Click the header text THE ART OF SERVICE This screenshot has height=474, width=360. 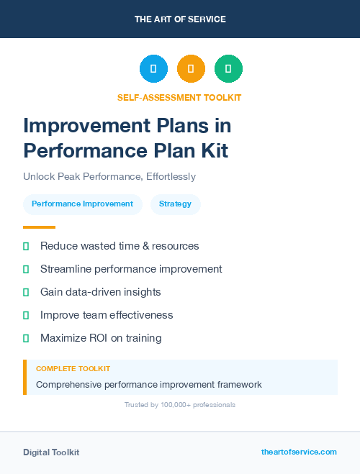tap(180, 19)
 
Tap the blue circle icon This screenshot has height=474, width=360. tap(153, 69)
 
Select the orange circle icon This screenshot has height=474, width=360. tap(191, 69)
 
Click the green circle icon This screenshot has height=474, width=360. tap(228, 69)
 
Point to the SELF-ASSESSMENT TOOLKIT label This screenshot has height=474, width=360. tap(180, 97)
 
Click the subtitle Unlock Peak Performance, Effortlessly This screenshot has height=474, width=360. tap(109, 176)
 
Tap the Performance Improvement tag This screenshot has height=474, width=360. tap(82, 204)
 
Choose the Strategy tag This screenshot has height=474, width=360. tap(175, 204)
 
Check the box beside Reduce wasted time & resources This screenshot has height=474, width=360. tap(26, 246)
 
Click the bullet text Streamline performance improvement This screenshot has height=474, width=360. tap(131, 269)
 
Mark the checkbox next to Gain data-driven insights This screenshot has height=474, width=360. tap(26, 292)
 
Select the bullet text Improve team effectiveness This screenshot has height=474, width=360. tap(107, 315)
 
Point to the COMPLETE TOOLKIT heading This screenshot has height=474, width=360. tap(73, 368)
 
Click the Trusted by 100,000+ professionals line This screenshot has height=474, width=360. tap(180, 405)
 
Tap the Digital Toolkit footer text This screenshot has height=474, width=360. tap(51, 452)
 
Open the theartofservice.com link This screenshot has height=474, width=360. tap(299, 452)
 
